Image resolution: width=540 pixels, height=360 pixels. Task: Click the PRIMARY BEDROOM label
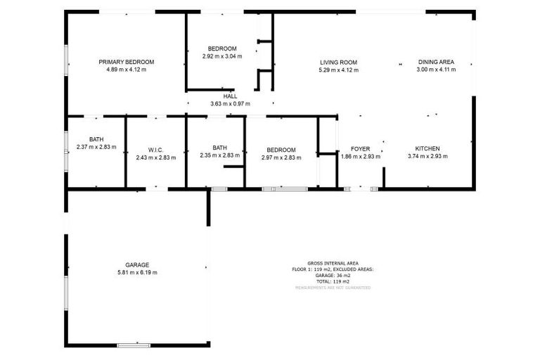pos(126,62)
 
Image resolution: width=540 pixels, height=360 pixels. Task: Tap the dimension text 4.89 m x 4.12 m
pos(126,70)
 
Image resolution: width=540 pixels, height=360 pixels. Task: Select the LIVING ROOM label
pos(338,62)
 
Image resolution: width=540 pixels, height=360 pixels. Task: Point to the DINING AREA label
pos(436,62)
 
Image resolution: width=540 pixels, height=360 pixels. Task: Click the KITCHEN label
pos(427,148)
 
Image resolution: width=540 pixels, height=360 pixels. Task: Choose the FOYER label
pos(361,149)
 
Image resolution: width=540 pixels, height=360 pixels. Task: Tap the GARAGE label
pos(137,265)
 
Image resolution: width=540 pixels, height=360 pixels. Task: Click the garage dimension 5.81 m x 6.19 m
pos(137,273)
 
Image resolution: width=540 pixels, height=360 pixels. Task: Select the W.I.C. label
pos(155,150)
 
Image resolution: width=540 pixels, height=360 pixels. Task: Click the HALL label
pos(230,96)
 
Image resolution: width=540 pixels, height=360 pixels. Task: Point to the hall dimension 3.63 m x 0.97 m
pos(230,104)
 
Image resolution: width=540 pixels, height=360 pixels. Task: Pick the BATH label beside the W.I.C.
pos(96,139)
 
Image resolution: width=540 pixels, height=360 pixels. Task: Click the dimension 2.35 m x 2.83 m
pos(220,155)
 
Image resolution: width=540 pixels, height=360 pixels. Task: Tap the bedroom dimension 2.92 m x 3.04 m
pos(221,56)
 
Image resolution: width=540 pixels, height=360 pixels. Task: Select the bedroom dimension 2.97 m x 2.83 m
pos(281,157)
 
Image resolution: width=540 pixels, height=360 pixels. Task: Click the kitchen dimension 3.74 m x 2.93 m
pos(427,156)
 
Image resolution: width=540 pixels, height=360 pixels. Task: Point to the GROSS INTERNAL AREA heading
pos(333,263)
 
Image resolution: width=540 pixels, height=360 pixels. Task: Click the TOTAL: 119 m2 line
pos(333,281)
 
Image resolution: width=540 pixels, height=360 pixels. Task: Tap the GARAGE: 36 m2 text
pos(333,275)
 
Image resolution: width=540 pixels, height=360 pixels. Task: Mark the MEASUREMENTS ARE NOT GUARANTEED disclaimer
pos(333,288)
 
